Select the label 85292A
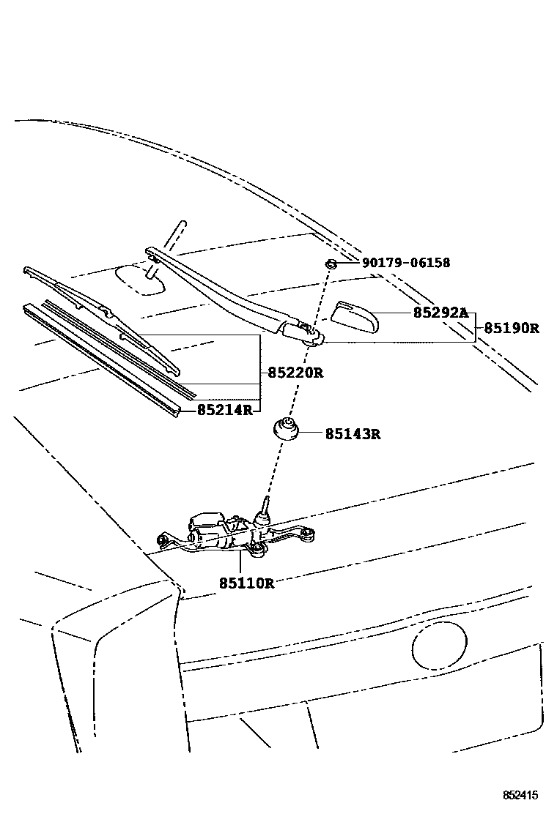[440, 313]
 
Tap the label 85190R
[511, 329]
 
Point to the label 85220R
[295, 373]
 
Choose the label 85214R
[224, 410]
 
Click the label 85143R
[353, 434]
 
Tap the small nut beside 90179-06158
[331, 264]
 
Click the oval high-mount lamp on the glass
[141, 279]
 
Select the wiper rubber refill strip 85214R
[102, 360]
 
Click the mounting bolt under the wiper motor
[258, 550]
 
